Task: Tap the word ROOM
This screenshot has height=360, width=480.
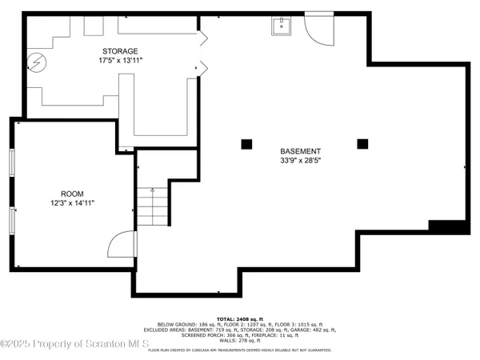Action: (72, 194)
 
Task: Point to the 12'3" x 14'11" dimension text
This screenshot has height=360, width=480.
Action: (72, 204)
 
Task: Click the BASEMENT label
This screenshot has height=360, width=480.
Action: (301, 151)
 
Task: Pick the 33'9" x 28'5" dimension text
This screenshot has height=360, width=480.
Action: (301, 161)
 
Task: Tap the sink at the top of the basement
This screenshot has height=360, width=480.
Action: (282, 27)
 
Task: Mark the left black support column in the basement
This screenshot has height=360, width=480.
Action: (246, 144)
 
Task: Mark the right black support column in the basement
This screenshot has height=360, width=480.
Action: (363, 144)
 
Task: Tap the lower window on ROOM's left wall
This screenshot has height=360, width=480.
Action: (13, 223)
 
